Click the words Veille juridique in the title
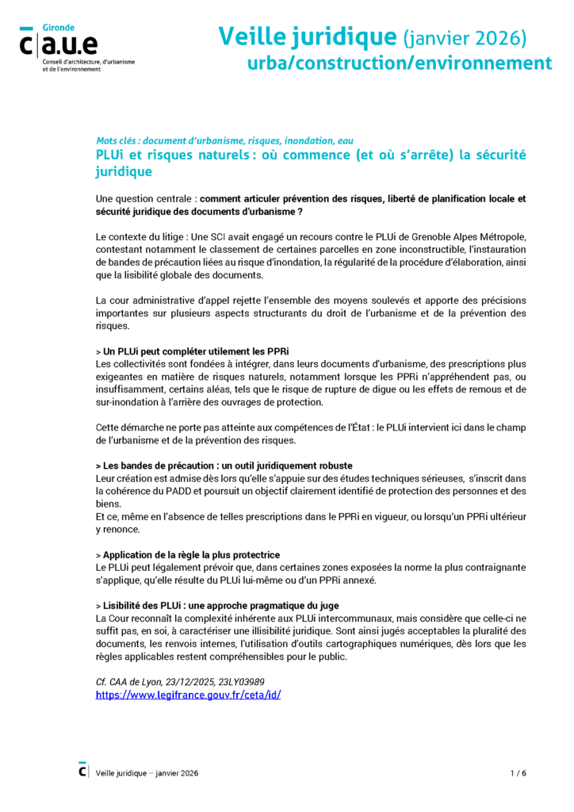(x=307, y=36)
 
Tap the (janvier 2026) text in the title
(x=465, y=37)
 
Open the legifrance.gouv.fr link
(x=188, y=694)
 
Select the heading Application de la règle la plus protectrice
(x=190, y=554)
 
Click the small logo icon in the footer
(x=83, y=770)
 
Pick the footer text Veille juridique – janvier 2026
(x=147, y=772)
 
